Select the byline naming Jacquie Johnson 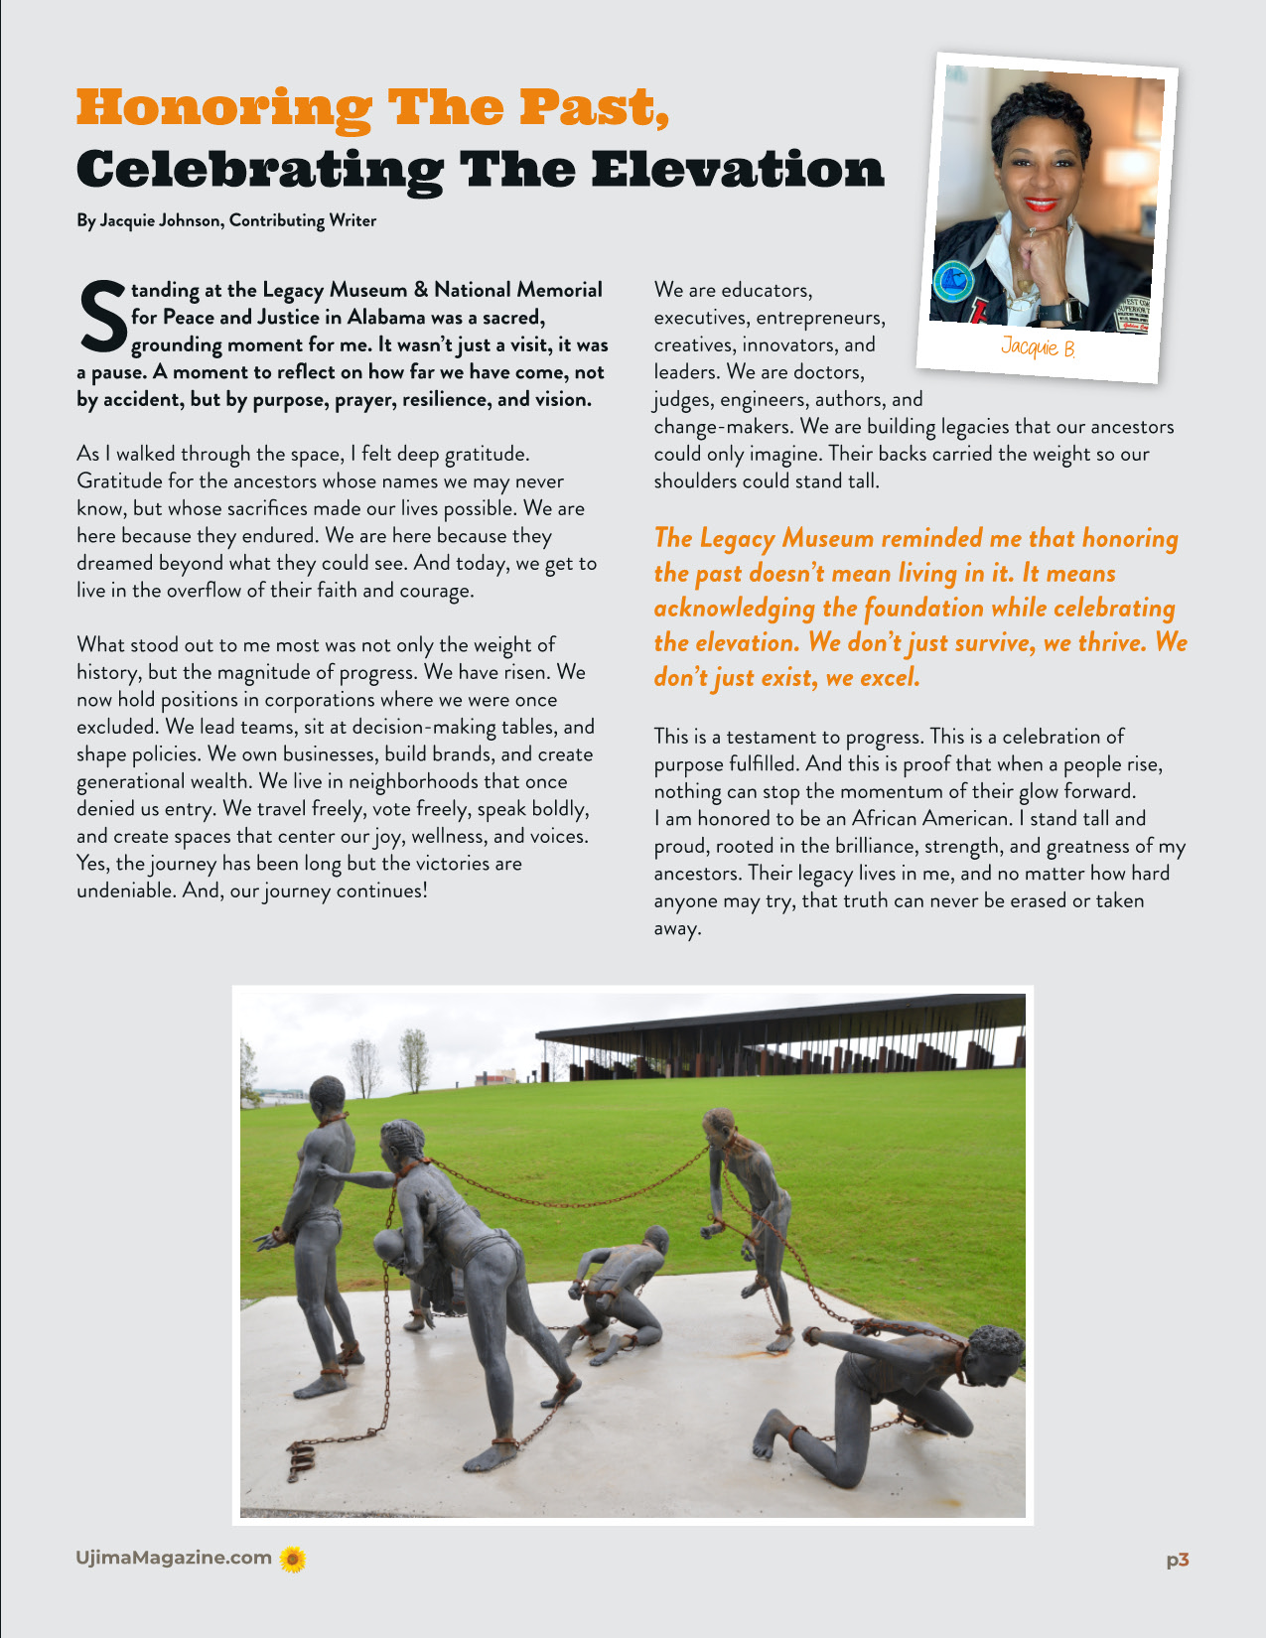[x=226, y=220]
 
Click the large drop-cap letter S [x=101, y=317]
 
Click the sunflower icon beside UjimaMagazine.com [x=292, y=1559]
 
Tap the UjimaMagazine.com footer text [x=174, y=1558]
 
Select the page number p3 [x=1177, y=1560]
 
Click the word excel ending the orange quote [x=886, y=677]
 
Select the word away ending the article [x=677, y=928]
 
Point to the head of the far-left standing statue [x=326, y=1096]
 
